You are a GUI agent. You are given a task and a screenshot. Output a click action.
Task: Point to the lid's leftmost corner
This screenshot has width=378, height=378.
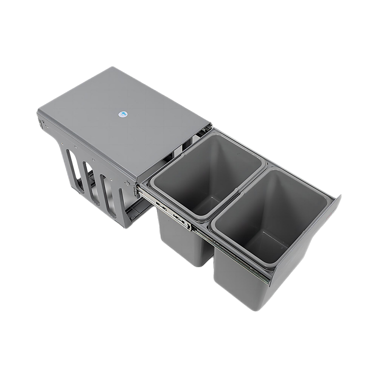click(x=38, y=109)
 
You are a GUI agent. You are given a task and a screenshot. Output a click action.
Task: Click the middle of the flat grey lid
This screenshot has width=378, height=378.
click(x=125, y=121)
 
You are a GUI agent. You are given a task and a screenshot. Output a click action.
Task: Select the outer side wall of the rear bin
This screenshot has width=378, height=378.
click(x=181, y=238)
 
